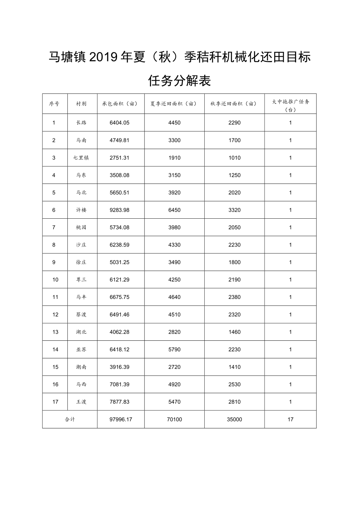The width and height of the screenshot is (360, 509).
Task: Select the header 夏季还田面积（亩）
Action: click(x=174, y=104)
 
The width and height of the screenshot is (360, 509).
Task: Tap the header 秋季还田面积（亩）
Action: click(x=234, y=104)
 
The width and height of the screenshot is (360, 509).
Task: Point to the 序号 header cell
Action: click(x=54, y=104)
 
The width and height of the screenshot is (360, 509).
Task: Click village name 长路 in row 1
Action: click(x=81, y=123)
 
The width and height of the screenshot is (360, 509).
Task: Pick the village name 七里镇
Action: click(x=81, y=158)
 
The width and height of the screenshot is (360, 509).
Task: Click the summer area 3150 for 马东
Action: click(x=174, y=175)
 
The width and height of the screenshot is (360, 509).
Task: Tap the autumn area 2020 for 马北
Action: click(x=234, y=193)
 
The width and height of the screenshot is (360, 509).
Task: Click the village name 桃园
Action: click(x=81, y=228)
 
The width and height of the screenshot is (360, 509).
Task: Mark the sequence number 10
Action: click(x=55, y=280)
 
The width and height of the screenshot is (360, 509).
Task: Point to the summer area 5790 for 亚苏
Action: click(x=174, y=350)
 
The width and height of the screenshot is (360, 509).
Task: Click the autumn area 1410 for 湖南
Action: click(x=234, y=367)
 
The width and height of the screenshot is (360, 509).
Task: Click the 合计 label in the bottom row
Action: click(x=70, y=419)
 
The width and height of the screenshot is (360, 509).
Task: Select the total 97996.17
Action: click(x=121, y=419)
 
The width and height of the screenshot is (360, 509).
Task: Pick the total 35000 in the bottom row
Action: click(x=234, y=419)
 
